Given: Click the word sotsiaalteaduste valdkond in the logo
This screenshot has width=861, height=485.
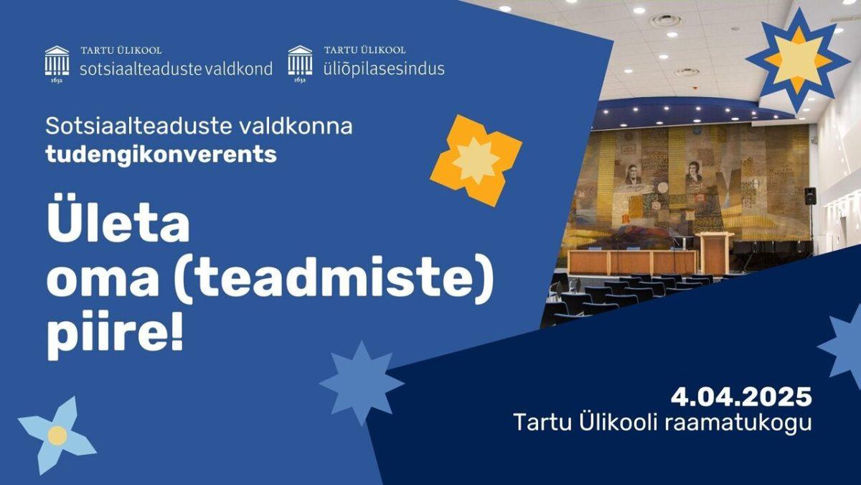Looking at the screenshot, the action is coord(176,69).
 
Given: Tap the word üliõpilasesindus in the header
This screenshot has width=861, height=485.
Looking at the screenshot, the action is coord(384,69).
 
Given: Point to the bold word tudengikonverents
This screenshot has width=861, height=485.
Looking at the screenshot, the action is coord(161,154).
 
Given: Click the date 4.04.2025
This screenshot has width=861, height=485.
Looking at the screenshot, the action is coord(741,397).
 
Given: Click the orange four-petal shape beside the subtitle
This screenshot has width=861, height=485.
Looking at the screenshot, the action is coord(476,160).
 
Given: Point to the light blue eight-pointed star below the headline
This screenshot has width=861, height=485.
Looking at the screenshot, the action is coord(362,383).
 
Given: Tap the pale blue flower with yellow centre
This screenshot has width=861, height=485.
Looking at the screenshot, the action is coord(57,435).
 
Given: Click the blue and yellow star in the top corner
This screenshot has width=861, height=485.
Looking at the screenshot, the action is coord(799,61).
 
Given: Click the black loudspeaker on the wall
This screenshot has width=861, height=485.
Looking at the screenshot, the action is coord(810,196).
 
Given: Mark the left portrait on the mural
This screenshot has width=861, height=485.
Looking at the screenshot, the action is coord(632,175).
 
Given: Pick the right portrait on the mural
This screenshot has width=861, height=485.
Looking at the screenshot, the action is coord(695,172).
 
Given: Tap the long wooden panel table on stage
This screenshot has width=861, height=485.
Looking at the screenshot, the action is coord(632,262).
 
